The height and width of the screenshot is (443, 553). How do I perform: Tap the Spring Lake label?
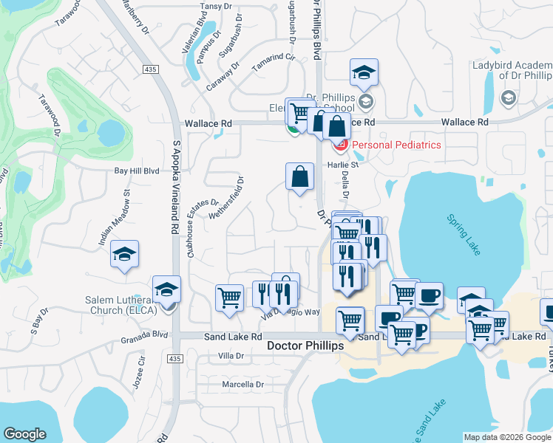(464, 235)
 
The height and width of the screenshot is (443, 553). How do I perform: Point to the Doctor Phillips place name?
(305, 346)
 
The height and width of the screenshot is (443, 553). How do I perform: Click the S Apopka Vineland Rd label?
(176, 188)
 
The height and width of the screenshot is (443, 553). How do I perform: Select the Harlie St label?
(343, 165)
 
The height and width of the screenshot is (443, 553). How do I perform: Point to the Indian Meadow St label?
(115, 218)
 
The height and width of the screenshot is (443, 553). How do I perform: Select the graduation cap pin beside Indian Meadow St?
(125, 255)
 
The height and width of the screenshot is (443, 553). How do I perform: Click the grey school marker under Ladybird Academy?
(508, 97)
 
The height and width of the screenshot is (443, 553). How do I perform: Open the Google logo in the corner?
(25, 434)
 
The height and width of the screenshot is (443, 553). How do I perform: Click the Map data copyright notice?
(507, 436)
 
